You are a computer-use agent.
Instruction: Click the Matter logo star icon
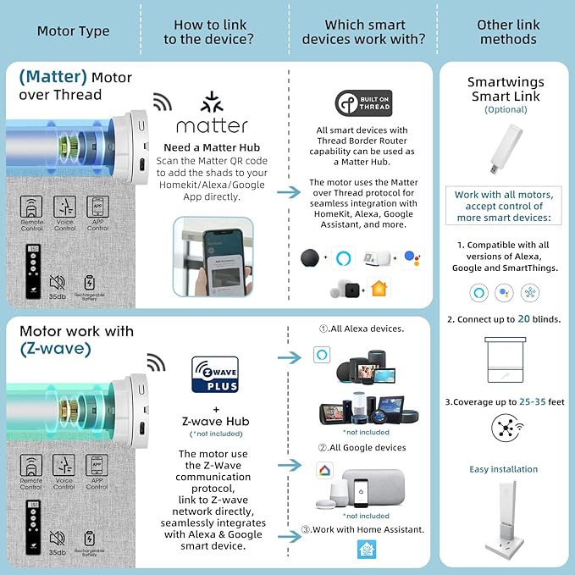pyautogui.click(x=212, y=102)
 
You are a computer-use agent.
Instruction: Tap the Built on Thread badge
pyautogui.click(x=363, y=103)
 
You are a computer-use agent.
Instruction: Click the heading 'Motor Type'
pyautogui.click(x=74, y=31)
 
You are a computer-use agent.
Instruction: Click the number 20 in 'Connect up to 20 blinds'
pyautogui.click(x=524, y=319)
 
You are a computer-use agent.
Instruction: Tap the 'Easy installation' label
pyautogui.click(x=504, y=469)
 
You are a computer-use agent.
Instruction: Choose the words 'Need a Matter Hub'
pyautogui.click(x=211, y=147)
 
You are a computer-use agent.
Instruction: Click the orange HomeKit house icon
pyautogui.click(x=378, y=289)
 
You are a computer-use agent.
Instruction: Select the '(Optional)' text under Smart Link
pyautogui.click(x=505, y=109)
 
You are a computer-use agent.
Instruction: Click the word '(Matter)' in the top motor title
pyautogui.click(x=53, y=77)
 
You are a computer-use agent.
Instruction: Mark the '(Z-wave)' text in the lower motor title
pyautogui.click(x=55, y=349)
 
